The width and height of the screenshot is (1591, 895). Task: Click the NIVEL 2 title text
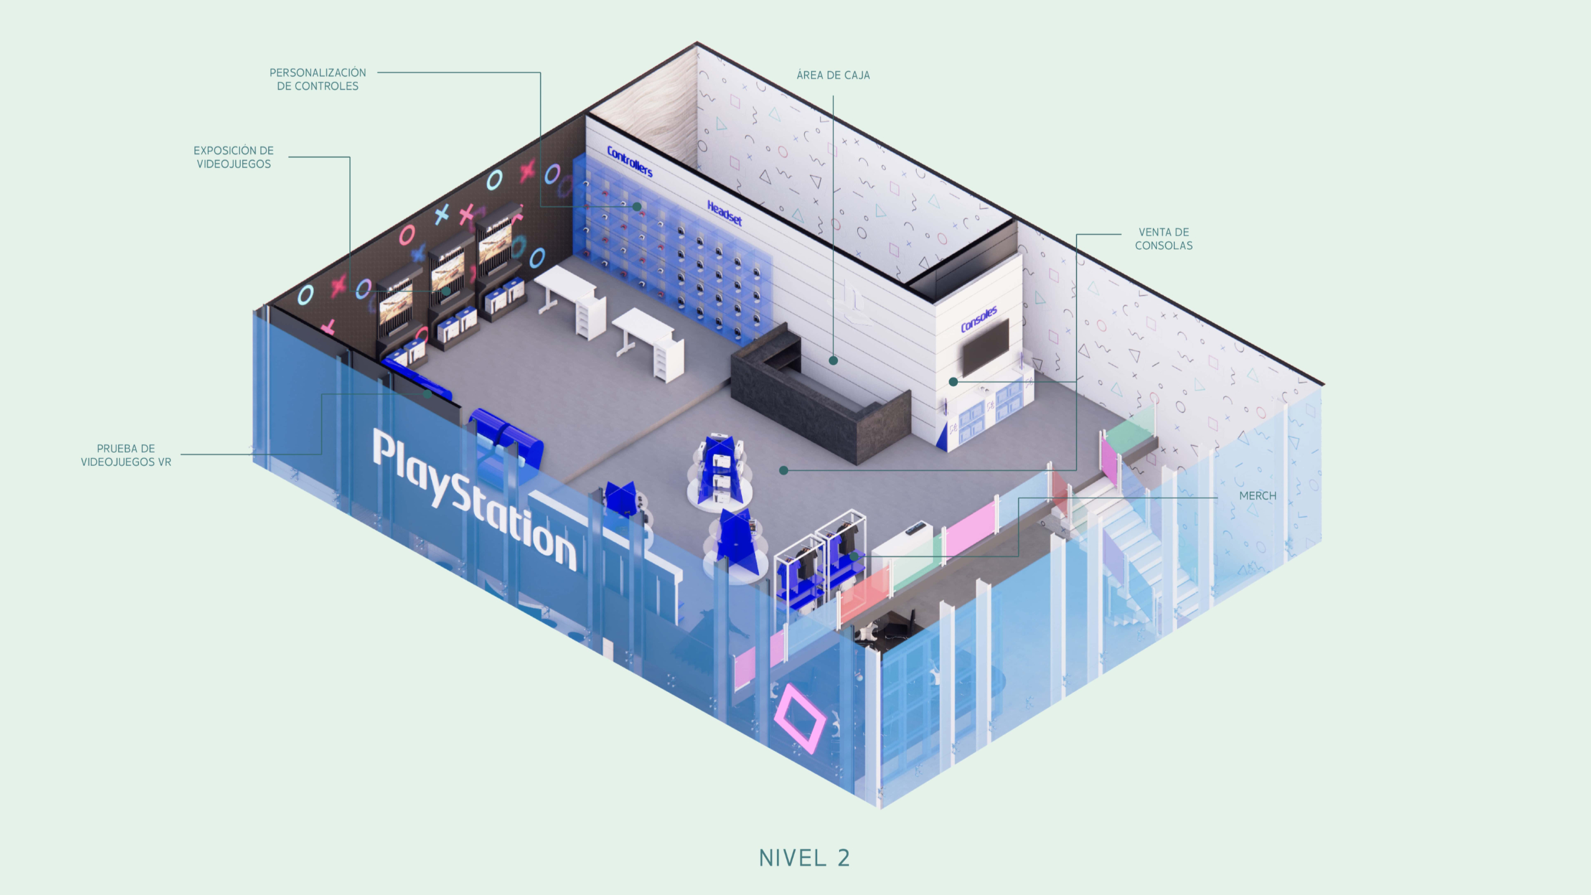[804, 857]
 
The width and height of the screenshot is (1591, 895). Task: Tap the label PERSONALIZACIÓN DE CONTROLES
[318, 80]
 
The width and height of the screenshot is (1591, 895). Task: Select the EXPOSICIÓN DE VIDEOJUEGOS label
[234, 157]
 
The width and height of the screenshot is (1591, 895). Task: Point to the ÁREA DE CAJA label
[833, 75]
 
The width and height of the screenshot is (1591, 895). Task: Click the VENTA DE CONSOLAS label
[1163, 239]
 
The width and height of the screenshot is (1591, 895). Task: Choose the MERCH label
[1257, 496]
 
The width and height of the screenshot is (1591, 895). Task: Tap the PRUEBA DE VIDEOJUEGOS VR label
[126, 455]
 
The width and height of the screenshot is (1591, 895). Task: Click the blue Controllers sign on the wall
[629, 161]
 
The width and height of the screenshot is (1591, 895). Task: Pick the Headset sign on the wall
[724, 213]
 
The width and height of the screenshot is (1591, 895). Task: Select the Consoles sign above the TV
[978, 319]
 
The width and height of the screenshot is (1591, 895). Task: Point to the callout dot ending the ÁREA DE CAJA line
[833, 360]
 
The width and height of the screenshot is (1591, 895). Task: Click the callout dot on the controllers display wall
[636, 207]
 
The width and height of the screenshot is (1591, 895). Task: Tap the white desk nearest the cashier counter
[648, 343]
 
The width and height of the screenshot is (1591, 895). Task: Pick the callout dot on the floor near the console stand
[784, 470]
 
